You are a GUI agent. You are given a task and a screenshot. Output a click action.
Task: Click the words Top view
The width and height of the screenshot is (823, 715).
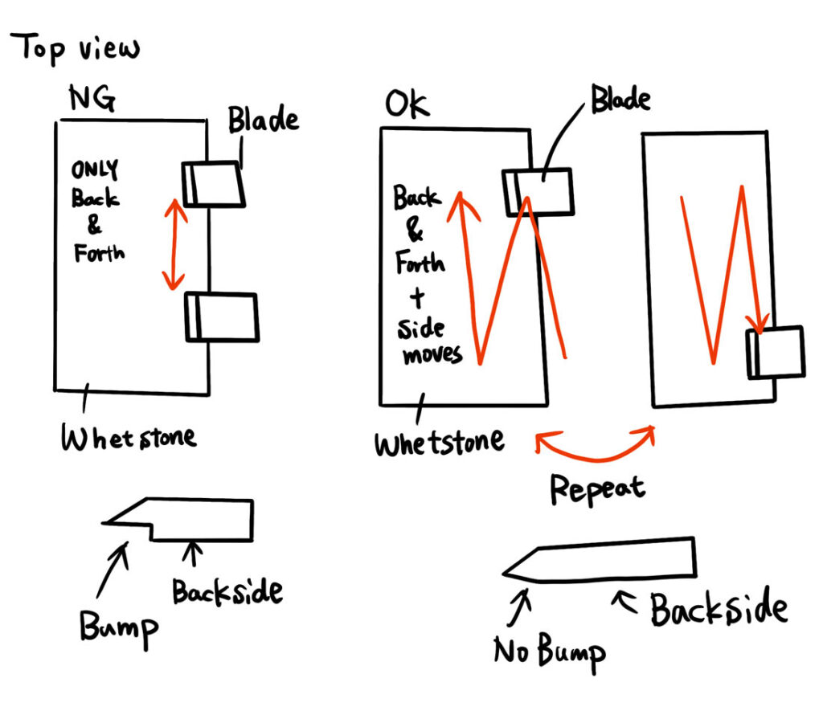(76, 49)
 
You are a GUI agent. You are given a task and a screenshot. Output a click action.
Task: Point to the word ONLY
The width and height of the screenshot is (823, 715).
(94, 170)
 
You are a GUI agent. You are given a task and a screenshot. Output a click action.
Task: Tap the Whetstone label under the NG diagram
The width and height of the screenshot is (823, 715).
(129, 439)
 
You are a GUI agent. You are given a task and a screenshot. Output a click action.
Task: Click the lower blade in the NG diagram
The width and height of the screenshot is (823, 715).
(222, 318)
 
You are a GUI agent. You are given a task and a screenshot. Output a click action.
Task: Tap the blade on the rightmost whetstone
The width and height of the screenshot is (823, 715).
(776, 352)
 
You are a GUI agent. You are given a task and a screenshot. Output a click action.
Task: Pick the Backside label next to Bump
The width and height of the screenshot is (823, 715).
(227, 593)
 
